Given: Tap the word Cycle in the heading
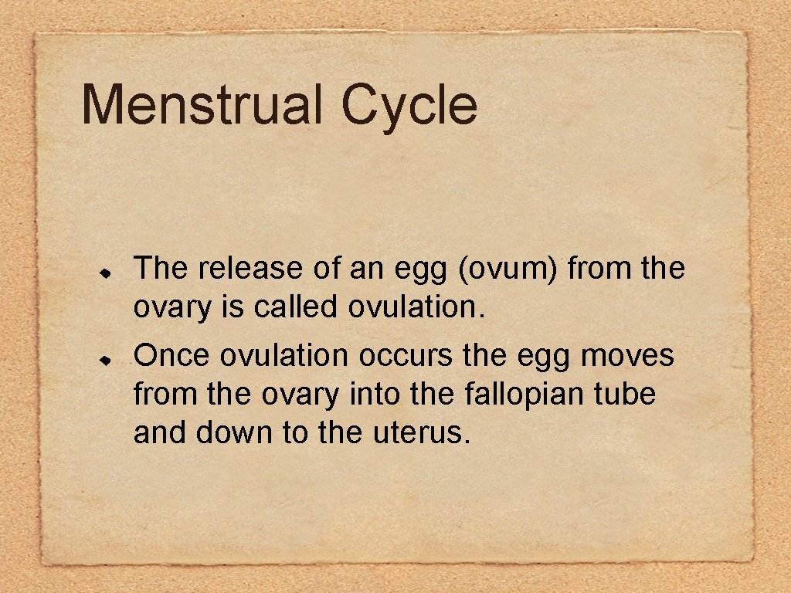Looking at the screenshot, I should tap(409, 106).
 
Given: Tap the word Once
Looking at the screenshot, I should tap(171, 356).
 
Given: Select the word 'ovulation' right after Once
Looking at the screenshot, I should tap(284, 356).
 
